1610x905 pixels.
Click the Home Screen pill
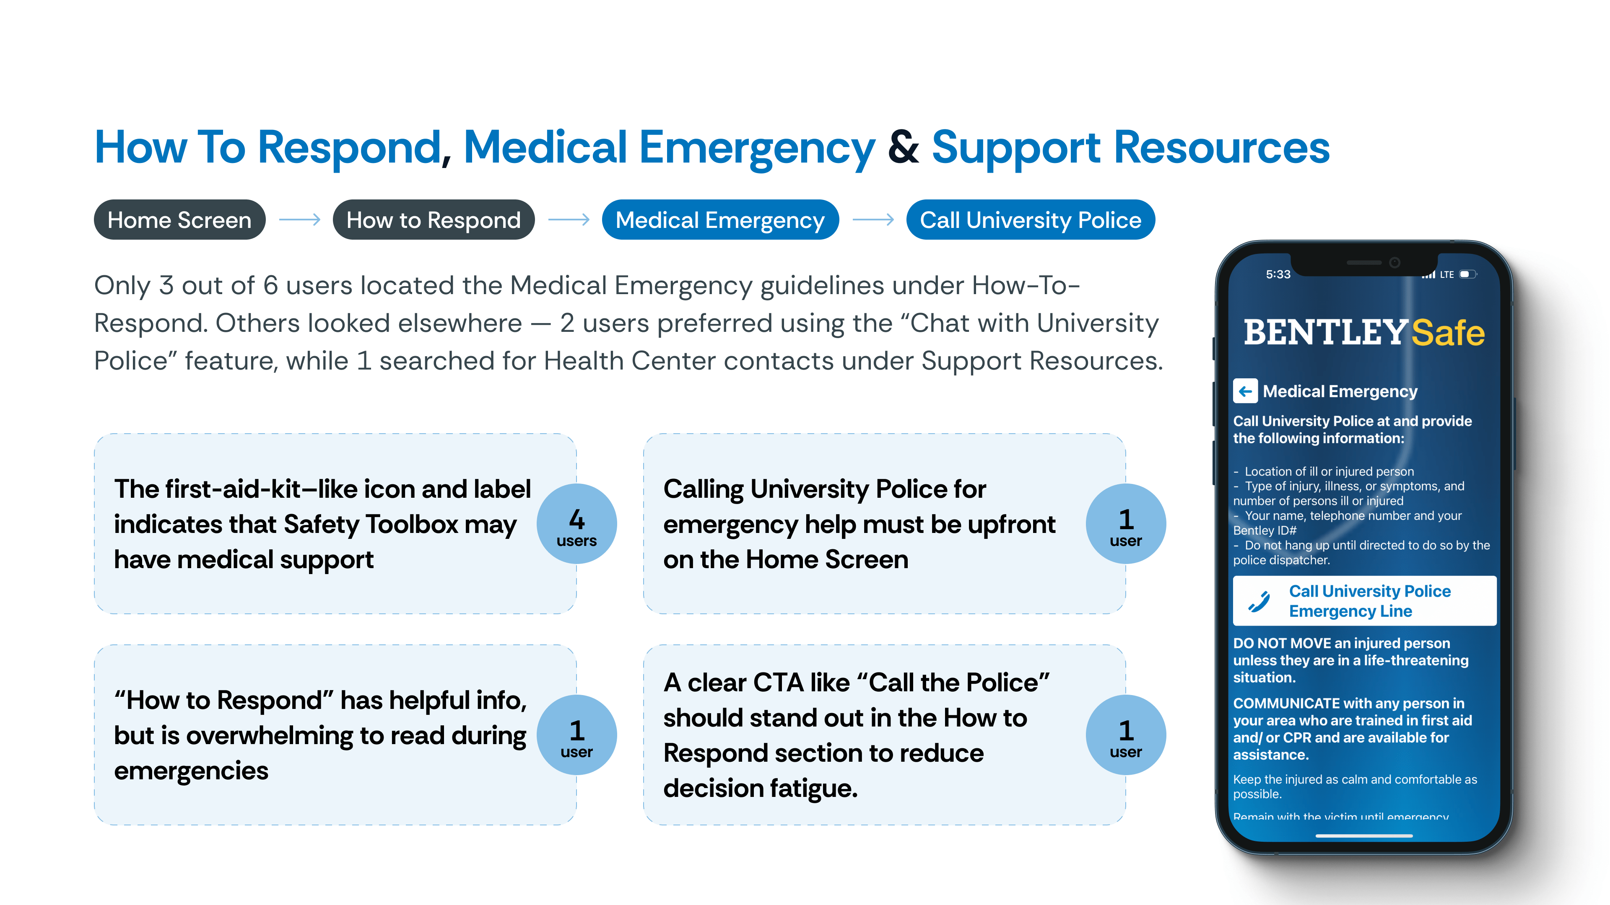[179, 220]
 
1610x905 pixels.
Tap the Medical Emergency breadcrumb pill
[720, 220]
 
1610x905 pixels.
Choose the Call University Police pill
[1030, 220]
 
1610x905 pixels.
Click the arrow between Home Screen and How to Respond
[299, 220]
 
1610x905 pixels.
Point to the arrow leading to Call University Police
[873, 220]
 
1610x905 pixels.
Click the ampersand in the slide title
[903, 147]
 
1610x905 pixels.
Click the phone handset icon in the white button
[1259, 601]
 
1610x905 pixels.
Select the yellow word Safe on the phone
[1447, 333]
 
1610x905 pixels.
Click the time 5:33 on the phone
[1278, 274]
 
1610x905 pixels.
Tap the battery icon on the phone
[1467, 274]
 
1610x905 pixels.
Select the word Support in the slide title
[1015, 147]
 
